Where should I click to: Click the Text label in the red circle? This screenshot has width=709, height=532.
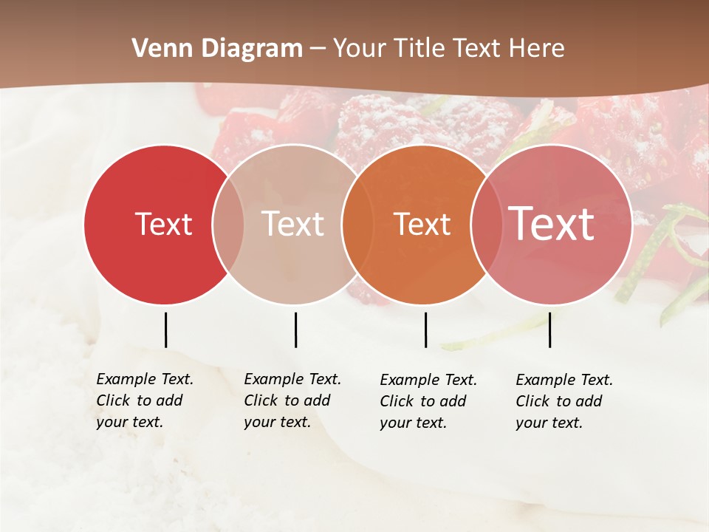click(163, 225)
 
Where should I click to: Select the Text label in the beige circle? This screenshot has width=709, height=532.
click(293, 225)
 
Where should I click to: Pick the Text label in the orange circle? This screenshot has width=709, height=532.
click(422, 225)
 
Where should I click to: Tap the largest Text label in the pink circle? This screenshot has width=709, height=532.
click(552, 224)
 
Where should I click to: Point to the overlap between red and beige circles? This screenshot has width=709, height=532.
click(228, 225)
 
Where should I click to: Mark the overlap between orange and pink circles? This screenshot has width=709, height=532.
click(486, 225)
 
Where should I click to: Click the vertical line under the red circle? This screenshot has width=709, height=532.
click(165, 330)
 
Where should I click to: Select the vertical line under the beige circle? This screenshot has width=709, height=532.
click(295, 330)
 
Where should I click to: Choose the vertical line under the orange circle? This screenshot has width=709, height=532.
click(425, 330)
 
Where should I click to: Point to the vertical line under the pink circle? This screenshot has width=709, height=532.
click(550, 330)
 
